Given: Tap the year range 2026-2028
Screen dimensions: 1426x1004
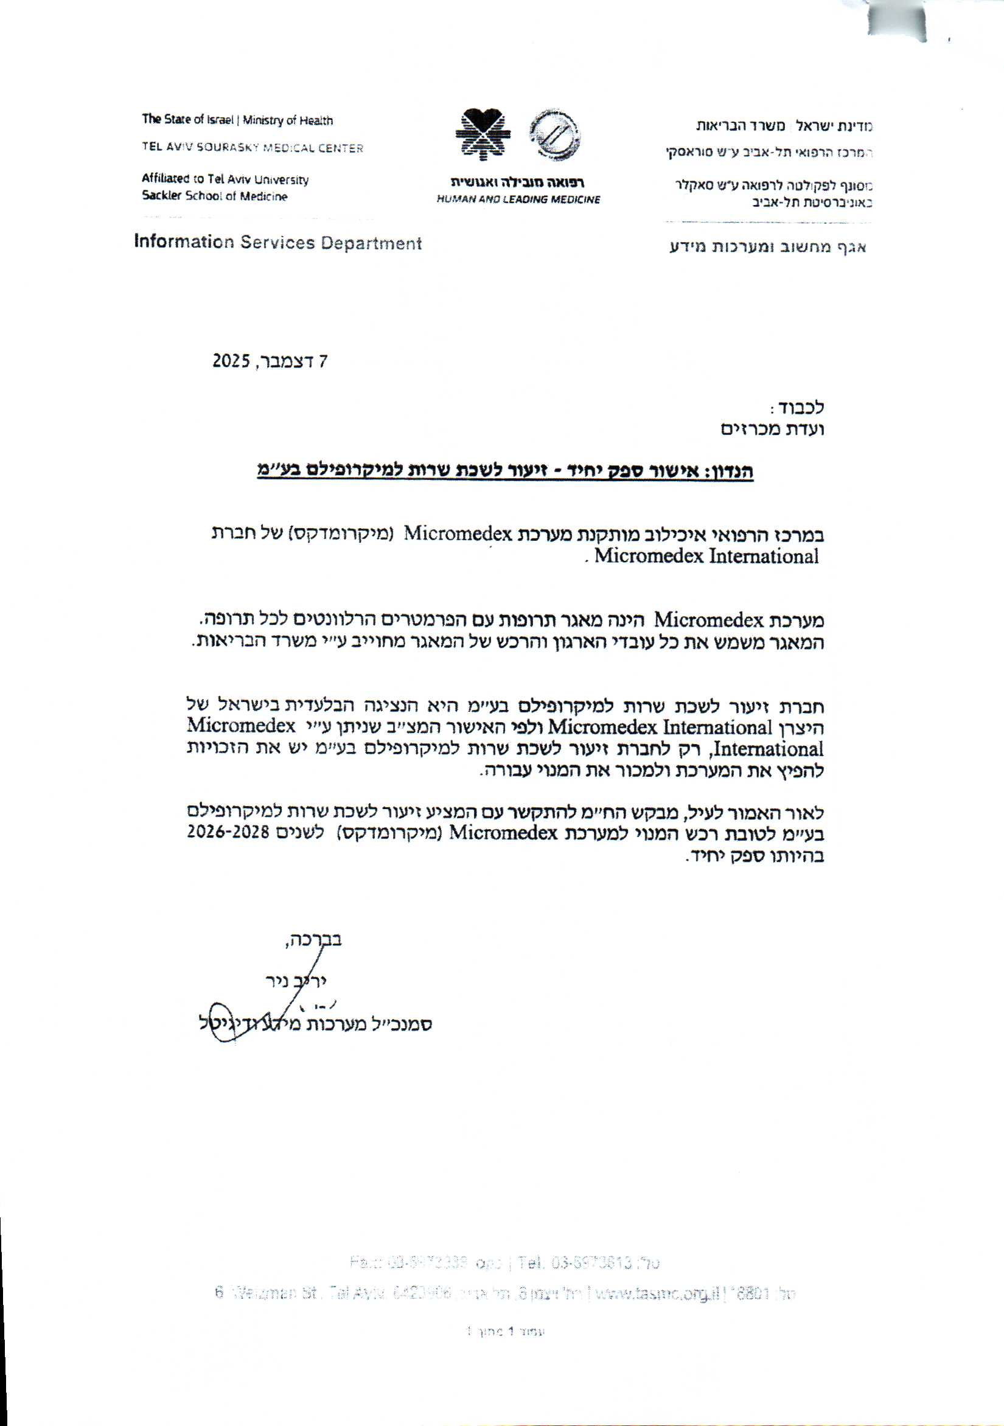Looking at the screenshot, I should (228, 833).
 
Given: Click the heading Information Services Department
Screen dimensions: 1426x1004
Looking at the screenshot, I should (277, 243).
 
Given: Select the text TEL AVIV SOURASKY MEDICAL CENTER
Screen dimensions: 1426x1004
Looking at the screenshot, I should (253, 148).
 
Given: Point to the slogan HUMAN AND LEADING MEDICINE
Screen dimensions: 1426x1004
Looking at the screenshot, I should (518, 200).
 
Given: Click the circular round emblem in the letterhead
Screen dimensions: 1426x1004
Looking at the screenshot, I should (554, 133).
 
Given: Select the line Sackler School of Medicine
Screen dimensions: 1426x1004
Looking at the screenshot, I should (214, 197).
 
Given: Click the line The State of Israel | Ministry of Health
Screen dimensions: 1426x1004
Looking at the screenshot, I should (237, 120).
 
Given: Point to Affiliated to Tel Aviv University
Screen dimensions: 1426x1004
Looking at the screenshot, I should (225, 179).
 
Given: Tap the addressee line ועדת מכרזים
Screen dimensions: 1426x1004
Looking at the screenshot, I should (772, 429).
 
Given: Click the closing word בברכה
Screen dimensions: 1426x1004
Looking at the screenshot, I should (312, 940).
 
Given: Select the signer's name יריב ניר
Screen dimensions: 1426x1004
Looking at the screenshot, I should (296, 981).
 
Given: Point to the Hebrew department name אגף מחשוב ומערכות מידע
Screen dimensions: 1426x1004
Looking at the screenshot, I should (767, 247).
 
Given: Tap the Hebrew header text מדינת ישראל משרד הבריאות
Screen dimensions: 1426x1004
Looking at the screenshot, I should (784, 125).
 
